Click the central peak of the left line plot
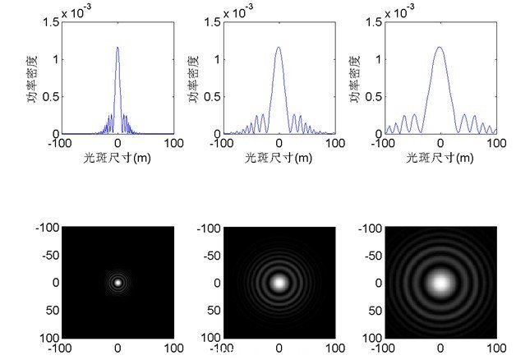(x=117, y=48)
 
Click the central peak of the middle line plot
(x=279, y=48)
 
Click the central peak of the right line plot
(x=441, y=48)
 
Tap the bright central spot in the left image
(x=117, y=282)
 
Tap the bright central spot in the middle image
(x=279, y=282)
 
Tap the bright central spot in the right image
(x=441, y=283)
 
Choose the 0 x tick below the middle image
(x=279, y=347)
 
